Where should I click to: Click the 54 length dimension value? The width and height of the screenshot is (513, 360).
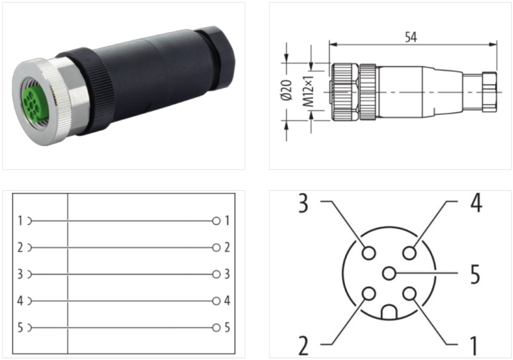[411, 37]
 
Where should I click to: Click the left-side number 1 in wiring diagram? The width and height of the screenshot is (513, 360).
[21, 221]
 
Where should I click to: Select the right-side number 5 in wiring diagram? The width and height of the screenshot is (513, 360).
[227, 327]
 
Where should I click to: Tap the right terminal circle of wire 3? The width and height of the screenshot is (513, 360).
[216, 274]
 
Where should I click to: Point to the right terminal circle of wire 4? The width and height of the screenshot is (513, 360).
[216, 300]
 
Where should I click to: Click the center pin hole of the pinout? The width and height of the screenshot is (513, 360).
[389, 274]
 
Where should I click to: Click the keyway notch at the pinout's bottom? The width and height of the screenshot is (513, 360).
[389, 313]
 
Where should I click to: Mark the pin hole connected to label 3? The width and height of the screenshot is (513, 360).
[369, 253]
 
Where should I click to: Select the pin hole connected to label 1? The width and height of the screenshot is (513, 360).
[410, 295]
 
